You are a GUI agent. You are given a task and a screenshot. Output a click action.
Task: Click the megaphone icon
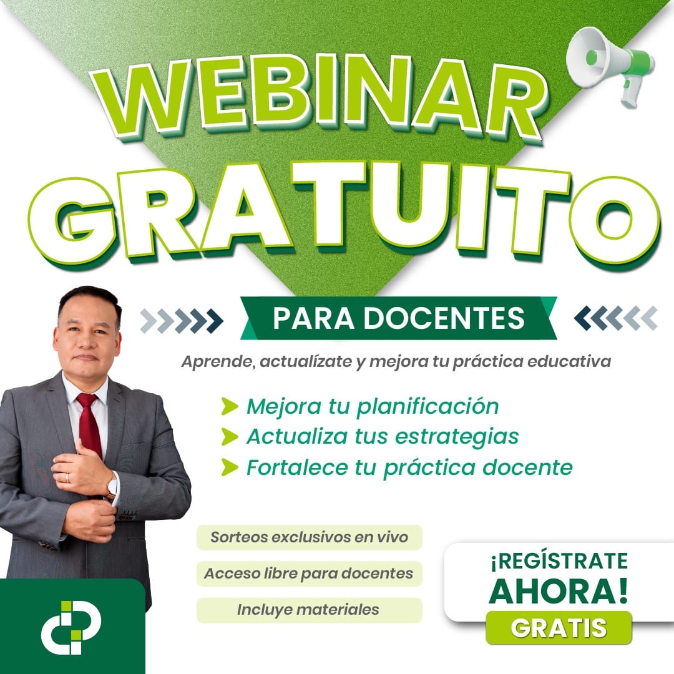(610, 64)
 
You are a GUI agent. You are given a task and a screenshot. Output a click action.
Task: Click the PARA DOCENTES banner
(398, 318)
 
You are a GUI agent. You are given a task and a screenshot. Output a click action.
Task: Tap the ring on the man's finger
(67, 477)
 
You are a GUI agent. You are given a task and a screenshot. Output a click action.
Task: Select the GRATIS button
(559, 628)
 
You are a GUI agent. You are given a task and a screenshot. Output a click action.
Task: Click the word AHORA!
(559, 592)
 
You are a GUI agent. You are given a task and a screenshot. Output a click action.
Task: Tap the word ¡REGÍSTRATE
(559, 561)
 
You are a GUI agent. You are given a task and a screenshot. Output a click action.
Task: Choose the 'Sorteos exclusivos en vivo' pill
(310, 537)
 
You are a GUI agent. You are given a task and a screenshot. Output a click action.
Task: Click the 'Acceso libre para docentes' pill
(310, 574)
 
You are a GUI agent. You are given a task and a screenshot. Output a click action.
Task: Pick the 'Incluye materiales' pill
(310, 610)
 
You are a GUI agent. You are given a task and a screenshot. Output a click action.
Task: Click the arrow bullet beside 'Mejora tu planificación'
(230, 406)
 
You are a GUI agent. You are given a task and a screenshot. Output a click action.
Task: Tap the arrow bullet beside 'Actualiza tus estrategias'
(230, 437)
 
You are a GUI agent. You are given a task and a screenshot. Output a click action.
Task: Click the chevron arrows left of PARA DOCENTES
(182, 321)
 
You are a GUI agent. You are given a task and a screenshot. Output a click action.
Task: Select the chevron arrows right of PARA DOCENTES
(616, 318)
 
